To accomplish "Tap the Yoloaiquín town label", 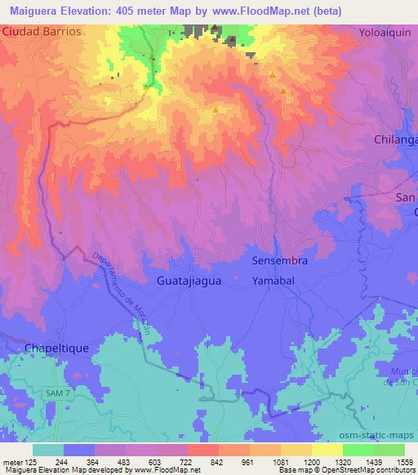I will [x=387, y=33].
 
